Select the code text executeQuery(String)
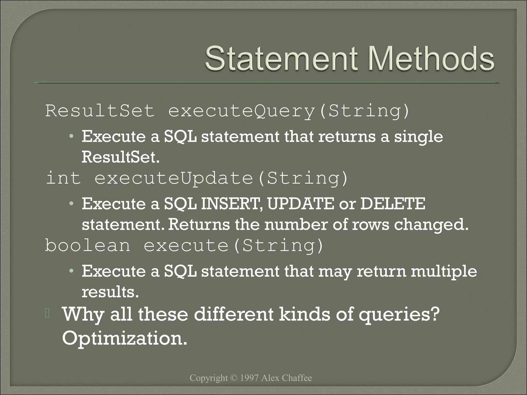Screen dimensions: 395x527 point(288,111)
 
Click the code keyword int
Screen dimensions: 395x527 point(63,178)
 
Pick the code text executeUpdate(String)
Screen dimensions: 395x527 point(221,178)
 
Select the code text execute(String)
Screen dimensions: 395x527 point(233,246)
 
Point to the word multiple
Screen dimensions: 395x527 point(444,271)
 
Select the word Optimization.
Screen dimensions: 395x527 point(125,338)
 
